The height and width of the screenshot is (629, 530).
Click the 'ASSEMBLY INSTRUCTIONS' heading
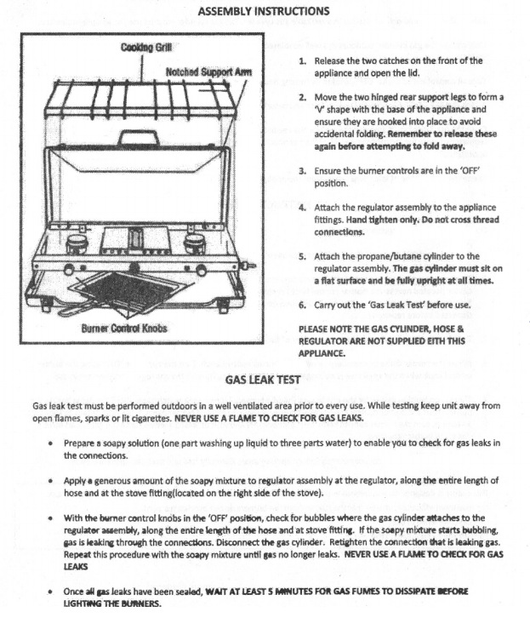(263, 12)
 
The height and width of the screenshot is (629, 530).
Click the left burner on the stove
(77, 243)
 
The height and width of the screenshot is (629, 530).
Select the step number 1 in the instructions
(303, 61)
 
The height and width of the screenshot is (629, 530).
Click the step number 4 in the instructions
(303, 208)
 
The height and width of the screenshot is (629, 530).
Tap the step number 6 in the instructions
(303, 305)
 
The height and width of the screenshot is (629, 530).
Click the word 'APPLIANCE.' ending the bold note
(322, 352)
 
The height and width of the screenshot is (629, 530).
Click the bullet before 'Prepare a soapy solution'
(54, 444)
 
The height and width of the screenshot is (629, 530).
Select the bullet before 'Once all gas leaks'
(54, 591)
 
